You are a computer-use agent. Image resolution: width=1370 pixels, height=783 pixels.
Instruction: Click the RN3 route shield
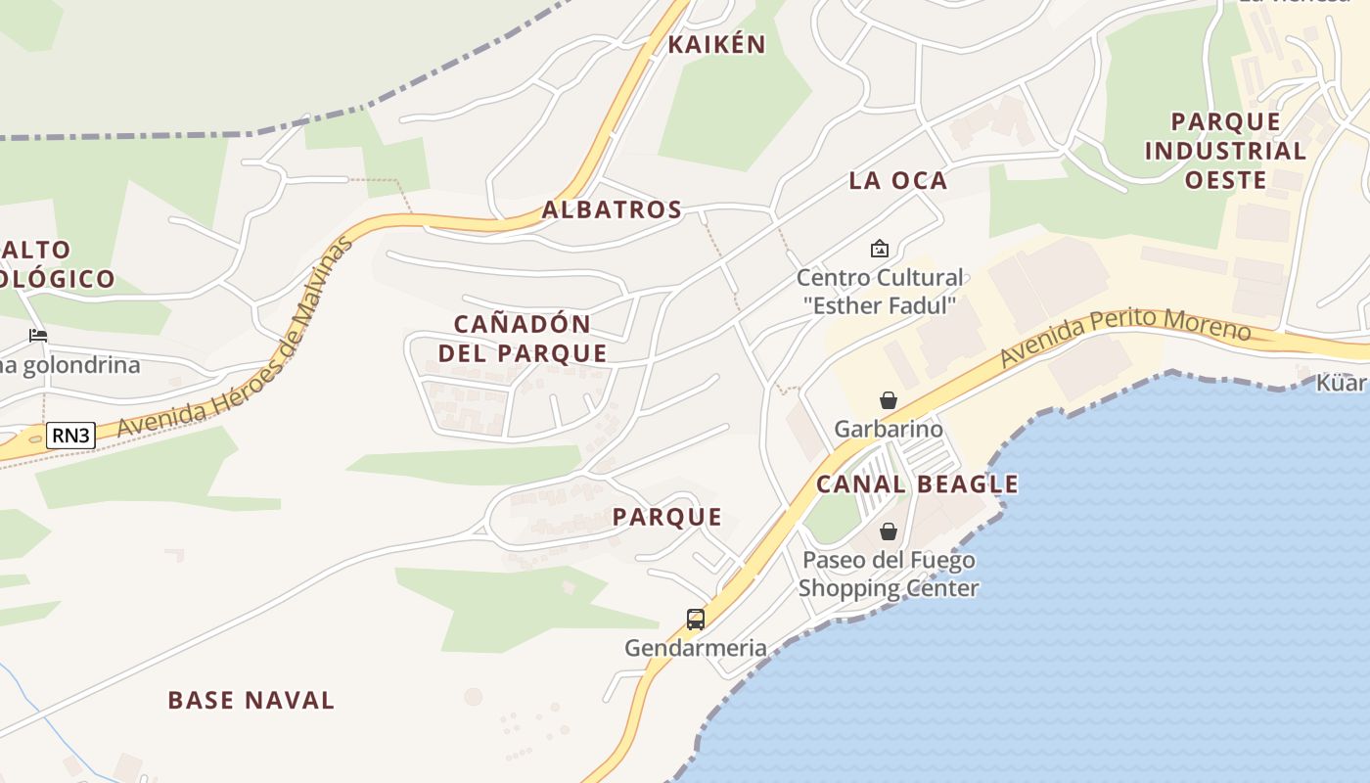pyautogui.click(x=71, y=436)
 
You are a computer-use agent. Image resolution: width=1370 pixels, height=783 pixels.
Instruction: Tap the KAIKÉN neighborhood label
pyautogui.click(x=716, y=45)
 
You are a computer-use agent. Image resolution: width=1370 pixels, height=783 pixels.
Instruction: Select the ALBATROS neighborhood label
pyautogui.click(x=612, y=209)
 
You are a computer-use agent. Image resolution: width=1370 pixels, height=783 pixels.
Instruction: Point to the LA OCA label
pyautogui.click(x=898, y=180)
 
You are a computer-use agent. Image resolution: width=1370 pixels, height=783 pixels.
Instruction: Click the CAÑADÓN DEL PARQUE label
pyautogui.click(x=523, y=339)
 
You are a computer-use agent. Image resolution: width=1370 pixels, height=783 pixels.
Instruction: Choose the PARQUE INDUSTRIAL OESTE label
pyautogui.click(x=1225, y=151)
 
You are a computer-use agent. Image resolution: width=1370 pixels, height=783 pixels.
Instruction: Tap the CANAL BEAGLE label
pyautogui.click(x=917, y=484)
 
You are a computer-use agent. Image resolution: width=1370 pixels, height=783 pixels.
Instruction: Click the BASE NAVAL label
pyautogui.click(x=251, y=700)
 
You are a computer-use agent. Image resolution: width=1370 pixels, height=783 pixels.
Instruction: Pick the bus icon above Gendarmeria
pyautogui.click(x=696, y=619)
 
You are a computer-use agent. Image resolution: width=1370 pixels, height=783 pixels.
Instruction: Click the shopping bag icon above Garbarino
pyautogui.click(x=889, y=400)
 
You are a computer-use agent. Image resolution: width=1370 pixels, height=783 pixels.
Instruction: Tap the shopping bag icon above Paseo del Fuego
pyautogui.click(x=889, y=531)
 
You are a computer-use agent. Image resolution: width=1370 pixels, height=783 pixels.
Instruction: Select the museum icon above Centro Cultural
pyautogui.click(x=879, y=249)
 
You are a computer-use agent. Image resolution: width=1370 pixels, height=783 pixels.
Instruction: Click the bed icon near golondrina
pyautogui.click(x=38, y=335)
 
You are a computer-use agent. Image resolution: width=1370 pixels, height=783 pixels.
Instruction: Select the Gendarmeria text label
pyautogui.click(x=696, y=648)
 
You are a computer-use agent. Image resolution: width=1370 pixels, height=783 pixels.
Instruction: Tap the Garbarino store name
pyautogui.click(x=889, y=429)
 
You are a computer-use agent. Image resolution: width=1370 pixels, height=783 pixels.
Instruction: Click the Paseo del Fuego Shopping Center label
pyautogui.click(x=889, y=575)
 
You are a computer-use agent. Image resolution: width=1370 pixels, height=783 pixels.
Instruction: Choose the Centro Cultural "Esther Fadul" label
pyautogui.click(x=880, y=292)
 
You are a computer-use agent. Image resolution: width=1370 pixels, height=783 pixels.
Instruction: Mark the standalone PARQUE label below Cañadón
pyautogui.click(x=667, y=518)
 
